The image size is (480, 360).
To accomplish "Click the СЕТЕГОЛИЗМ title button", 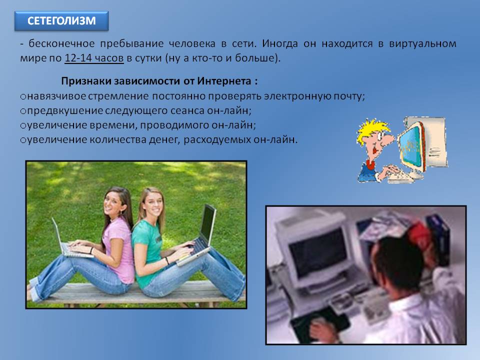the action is click(61, 21).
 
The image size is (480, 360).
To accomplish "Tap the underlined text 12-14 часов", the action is click(94, 58).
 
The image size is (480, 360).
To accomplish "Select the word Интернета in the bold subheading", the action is click(224, 81).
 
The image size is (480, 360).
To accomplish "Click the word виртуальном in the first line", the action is click(422, 44).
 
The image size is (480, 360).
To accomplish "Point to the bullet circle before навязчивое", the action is click(23, 97).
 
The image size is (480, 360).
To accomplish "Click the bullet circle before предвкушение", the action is click(23, 111).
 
